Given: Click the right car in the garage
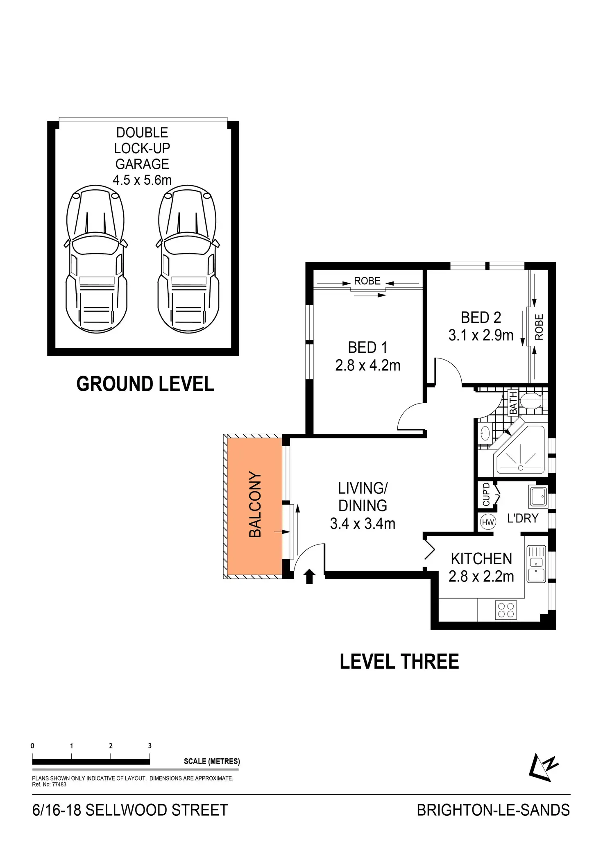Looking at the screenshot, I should click(x=188, y=260).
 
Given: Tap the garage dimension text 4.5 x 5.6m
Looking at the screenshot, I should click(x=142, y=180).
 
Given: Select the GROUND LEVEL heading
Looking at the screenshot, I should click(x=145, y=384).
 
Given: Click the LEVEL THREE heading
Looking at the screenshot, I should click(x=399, y=662).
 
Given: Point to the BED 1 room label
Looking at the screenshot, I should click(x=367, y=347).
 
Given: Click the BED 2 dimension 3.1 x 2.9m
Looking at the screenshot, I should click(x=481, y=336).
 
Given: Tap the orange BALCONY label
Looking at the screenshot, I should click(x=255, y=505).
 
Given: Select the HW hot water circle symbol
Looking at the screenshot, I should click(x=487, y=522).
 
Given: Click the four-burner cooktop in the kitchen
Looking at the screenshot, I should click(x=506, y=610).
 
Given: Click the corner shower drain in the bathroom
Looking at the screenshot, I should click(x=521, y=468).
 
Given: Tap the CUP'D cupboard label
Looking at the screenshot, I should click(x=486, y=494).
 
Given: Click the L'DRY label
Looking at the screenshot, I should click(x=522, y=518).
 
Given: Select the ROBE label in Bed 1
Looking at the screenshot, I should click(x=367, y=281).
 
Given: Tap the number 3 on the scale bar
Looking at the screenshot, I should click(x=150, y=746).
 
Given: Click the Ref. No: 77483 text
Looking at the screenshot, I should click(x=49, y=785).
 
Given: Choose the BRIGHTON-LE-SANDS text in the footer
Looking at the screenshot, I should click(x=493, y=810).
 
